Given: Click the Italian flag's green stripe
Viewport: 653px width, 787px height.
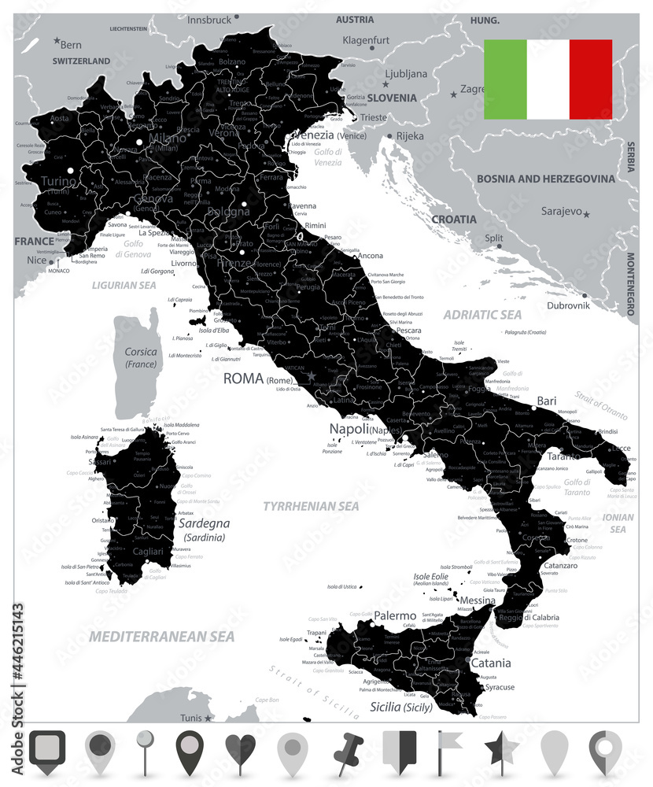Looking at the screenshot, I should click(x=505, y=79).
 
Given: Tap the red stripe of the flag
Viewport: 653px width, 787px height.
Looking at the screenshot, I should click(x=590, y=79).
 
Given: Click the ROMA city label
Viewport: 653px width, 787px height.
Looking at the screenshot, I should click(x=243, y=379).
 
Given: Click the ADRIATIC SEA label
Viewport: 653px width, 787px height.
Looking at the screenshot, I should click(x=482, y=315).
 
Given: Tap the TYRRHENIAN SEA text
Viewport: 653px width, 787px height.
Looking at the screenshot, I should click(x=311, y=506).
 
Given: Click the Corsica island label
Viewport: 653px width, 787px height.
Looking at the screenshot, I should click(x=142, y=352).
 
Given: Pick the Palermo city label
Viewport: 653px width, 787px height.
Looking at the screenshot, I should click(x=395, y=615).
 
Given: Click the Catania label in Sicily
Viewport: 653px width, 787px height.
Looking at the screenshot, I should click(x=490, y=663).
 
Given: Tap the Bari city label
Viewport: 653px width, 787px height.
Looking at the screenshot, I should click(x=546, y=401).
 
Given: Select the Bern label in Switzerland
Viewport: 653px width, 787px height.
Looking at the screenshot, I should click(x=71, y=45).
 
